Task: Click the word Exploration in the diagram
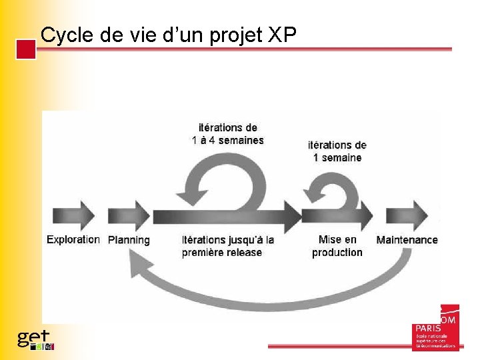73,239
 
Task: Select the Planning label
129,240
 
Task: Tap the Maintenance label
407,240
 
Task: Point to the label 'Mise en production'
337,246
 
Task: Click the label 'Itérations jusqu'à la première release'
228,246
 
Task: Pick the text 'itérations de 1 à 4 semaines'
228,133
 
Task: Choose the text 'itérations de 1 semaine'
337,151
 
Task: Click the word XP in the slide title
282,36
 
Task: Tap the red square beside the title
26,50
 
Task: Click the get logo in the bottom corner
35,339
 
